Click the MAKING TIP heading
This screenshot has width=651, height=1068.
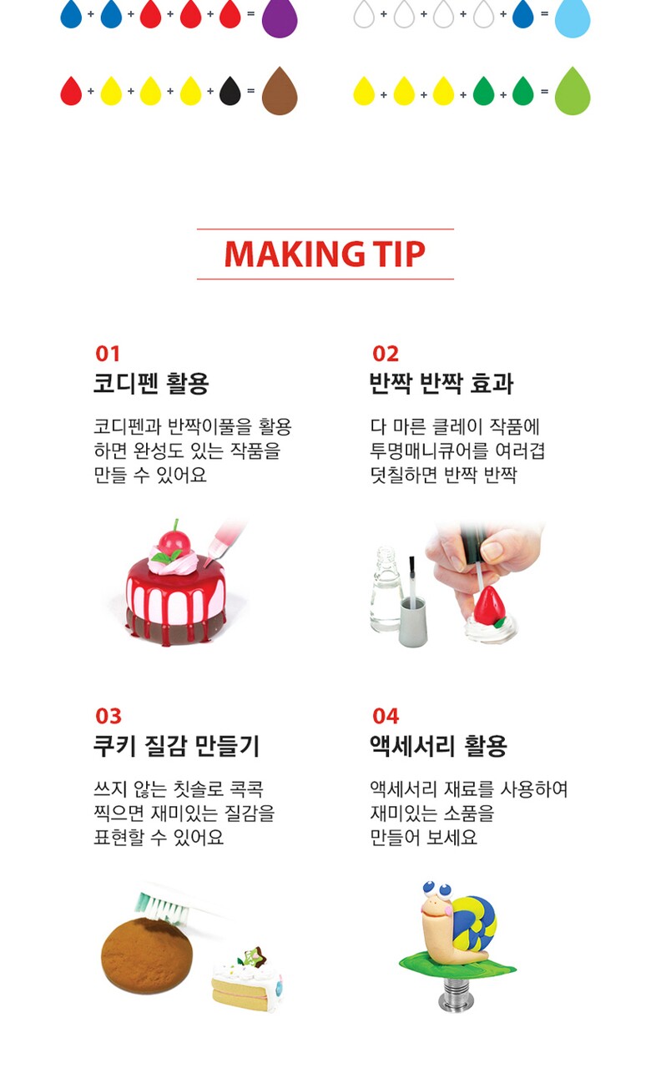point(325,254)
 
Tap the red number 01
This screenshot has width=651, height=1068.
point(108,354)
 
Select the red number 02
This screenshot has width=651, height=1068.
point(385,354)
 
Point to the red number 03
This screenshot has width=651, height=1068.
point(108,716)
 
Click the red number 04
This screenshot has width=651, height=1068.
point(386,716)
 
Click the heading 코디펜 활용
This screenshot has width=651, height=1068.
point(151,383)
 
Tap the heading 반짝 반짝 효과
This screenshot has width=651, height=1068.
point(442,383)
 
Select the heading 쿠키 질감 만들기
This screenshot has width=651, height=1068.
point(176,746)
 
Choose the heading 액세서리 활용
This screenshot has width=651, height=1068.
point(438,746)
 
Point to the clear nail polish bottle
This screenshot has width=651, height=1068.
point(386,589)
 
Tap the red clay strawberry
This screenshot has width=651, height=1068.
point(489,606)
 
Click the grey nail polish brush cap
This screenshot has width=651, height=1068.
point(413,622)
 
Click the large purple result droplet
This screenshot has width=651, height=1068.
point(280,18)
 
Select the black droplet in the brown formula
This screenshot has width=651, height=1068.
point(230,91)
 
